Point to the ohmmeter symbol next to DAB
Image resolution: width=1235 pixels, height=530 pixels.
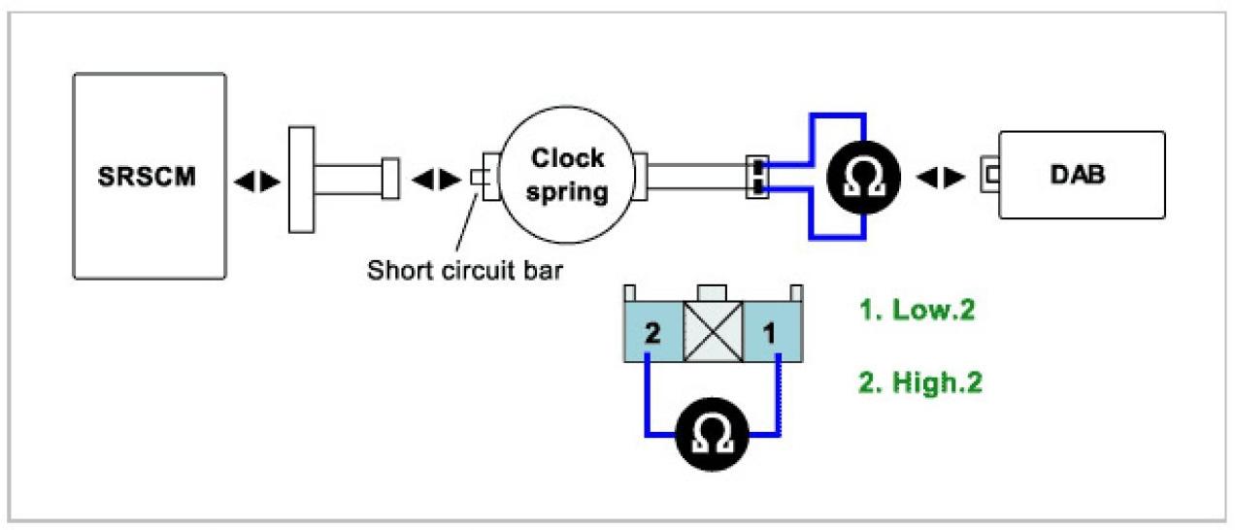(x=863, y=177)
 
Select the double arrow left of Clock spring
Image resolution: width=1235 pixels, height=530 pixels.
(x=432, y=179)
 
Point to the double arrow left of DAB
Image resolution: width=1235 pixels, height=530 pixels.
(x=941, y=179)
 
